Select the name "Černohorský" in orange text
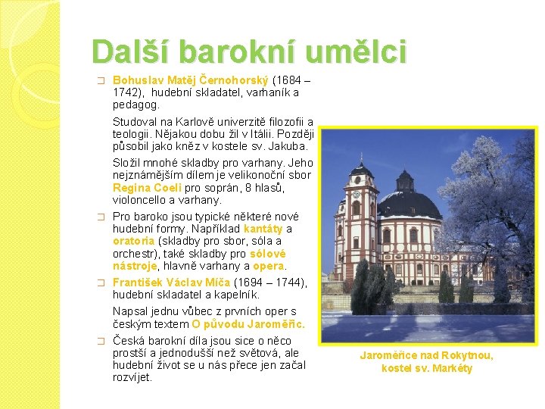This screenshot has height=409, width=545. [x=234, y=81]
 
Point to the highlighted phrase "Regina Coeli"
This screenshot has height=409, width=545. [x=148, y=188]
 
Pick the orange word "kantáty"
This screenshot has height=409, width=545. [x=263, y=229]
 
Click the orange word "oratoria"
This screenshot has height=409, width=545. [x=133, y=241]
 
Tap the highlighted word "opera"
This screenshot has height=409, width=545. [x=269, y=266]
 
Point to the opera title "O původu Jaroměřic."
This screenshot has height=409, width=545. [x=248, y=324]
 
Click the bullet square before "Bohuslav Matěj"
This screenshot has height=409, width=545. [x=101, y=81]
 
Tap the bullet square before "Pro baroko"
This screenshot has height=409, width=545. [x=101, y=217]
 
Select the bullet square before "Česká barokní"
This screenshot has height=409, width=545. [x=101, y=341]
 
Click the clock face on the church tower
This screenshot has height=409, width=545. [x=357, y=194]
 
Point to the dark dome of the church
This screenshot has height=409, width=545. [x=409, y=204]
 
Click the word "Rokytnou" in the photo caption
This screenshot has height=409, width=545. [x=467, y=355]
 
